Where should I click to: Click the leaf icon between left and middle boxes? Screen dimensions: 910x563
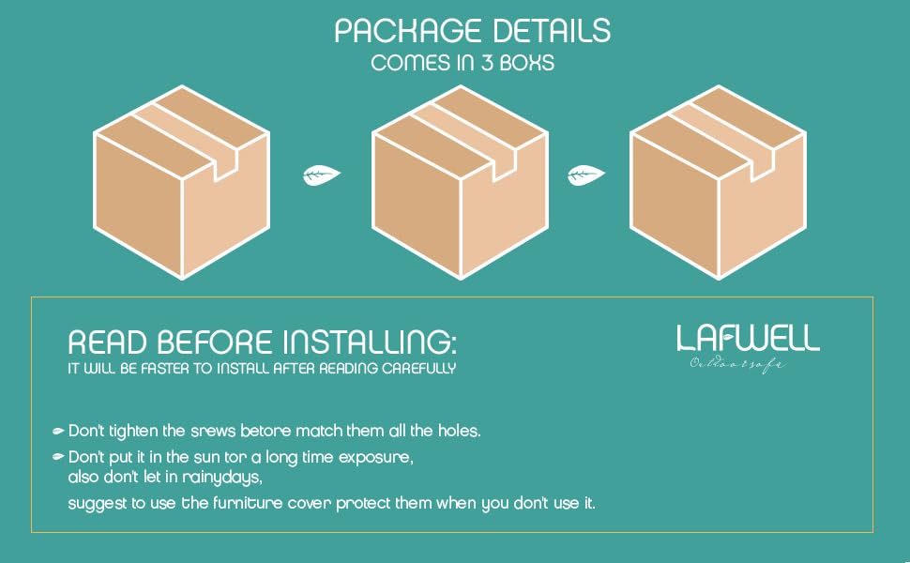pos(321,175)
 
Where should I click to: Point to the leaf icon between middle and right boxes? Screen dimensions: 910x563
pos(585,175)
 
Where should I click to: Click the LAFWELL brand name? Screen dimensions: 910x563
pos(748,339)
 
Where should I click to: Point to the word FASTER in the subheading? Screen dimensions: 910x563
pos(178,369)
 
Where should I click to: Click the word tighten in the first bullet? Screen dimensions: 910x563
pos(138,431)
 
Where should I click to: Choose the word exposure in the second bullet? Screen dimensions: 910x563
pos(378,457)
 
